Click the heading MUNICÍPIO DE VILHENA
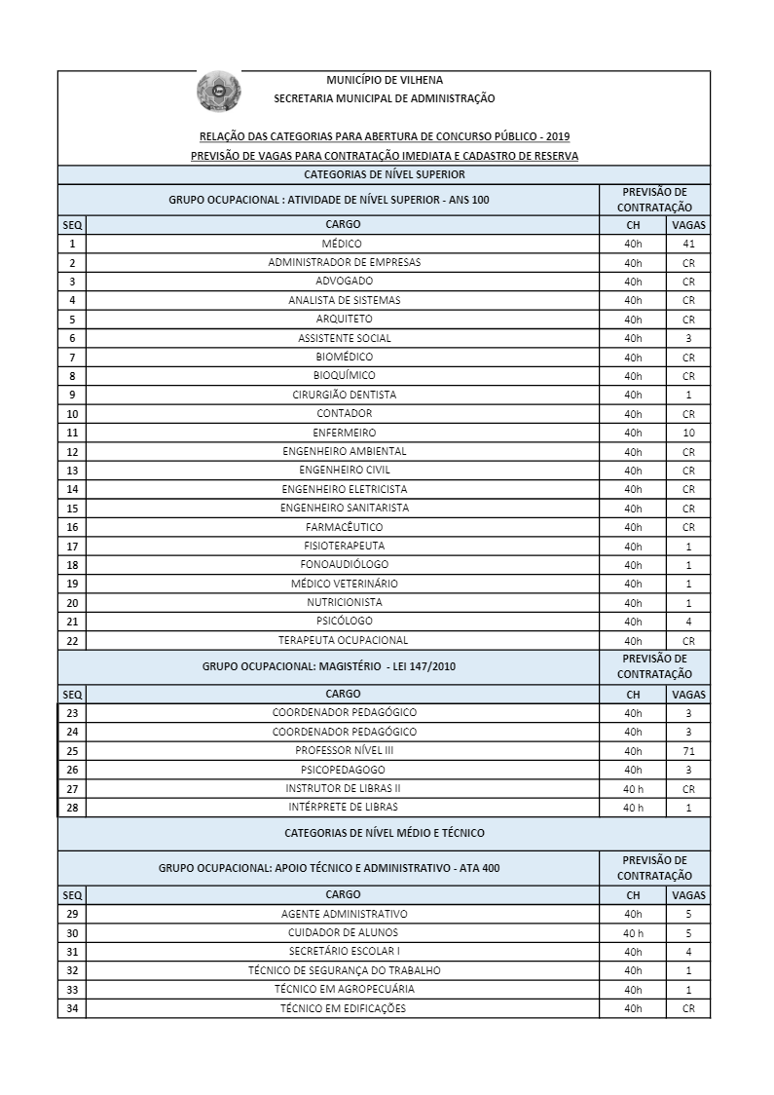tap(385, 80)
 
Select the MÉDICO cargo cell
tap(343, 244)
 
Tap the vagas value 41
tap(688, 244)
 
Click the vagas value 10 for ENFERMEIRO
tap(688, 433)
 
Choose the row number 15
tap(72, 509)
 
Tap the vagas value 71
tap(688, 751)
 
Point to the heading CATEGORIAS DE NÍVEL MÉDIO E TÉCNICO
tap(385, 833)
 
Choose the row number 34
tap(72, 1008)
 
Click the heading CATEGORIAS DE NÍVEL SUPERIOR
tap(385, 174)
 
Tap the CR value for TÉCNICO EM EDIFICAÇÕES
tap(688, 1008)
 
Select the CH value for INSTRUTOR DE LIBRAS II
tap(633, 789)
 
